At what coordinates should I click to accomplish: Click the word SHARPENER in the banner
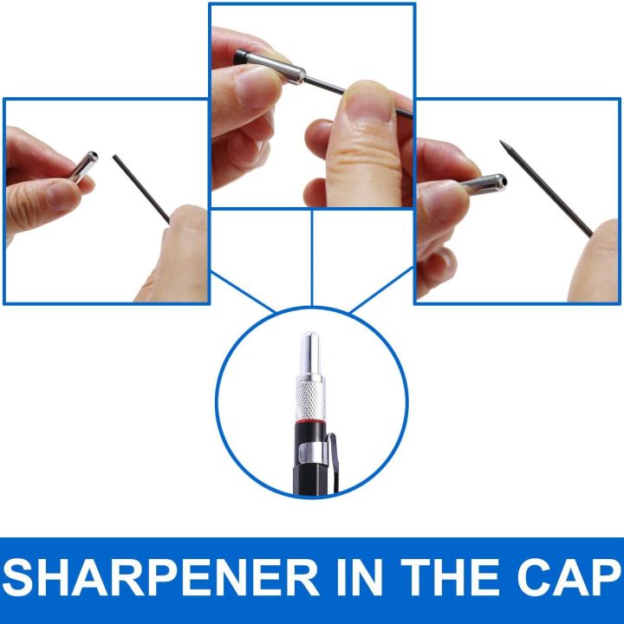point(160,577)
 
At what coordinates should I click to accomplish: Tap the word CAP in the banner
point(570,577)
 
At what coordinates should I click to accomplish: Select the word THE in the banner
point(450,577)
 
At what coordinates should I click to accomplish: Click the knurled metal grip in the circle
point(311,400)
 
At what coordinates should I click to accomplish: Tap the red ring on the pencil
point(311,421)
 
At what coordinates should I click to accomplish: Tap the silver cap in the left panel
point(83,166)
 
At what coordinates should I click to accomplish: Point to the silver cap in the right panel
point(483,185)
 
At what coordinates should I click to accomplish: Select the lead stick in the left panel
point(141,189)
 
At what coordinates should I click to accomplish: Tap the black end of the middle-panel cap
point(239,56)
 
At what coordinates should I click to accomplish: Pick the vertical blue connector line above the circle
point(312,258)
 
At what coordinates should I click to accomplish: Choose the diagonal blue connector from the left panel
point(243,292)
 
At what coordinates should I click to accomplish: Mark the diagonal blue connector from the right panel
point(381,289)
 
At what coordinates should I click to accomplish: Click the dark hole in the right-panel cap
point(504,182)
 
